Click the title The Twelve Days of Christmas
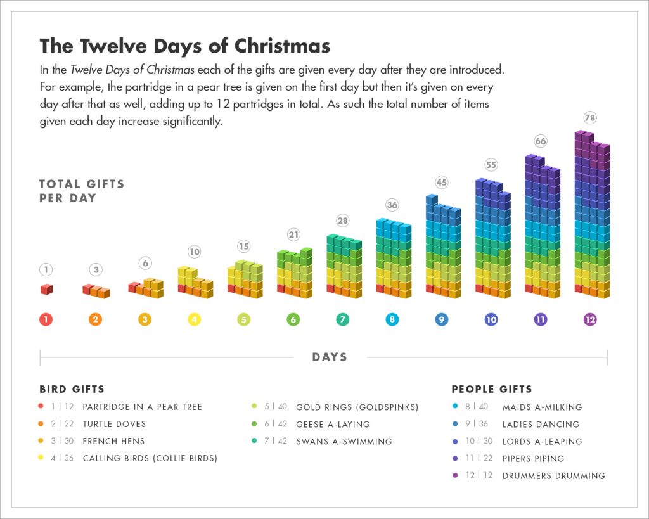click(184, 46)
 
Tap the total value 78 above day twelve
click(591, 119)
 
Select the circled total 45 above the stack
click(442, 183)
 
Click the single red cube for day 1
click(46, 289)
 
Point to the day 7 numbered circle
click(342, 320)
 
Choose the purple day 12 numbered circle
click(590, 320)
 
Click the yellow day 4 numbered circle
click(194, 320)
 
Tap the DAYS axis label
click(330, 357)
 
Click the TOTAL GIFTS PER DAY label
click(81, 191)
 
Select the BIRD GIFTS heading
click(72, 389)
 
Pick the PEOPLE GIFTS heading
click(492, 389)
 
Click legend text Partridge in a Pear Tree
click(142, 407)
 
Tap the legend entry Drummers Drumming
click(553, 475)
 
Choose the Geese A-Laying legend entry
click(333, 424)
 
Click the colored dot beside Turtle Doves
click(41, 424)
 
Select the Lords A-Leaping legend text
click(542, 441)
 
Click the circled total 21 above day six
click(293, 234)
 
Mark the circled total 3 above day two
click(96, 270)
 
